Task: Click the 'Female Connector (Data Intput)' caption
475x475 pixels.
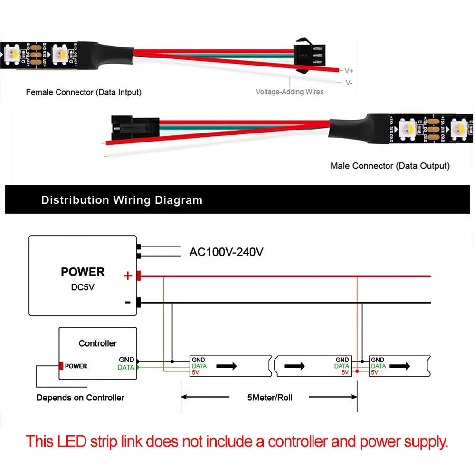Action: [84, 92]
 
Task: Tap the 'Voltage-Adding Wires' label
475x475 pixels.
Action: [289, 91]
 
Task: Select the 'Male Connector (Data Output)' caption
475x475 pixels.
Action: [389, 166]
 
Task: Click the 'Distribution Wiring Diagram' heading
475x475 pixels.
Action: [122, 200]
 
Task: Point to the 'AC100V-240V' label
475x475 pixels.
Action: [226, 252]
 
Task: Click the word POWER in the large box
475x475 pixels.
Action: [83, 272]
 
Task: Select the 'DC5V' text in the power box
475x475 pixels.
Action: [83, 287]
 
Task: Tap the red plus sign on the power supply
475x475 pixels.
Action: [127, 275]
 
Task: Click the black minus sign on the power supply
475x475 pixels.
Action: [127, 302]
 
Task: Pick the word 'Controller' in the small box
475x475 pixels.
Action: [97, 343]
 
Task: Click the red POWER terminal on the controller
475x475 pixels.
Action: [61, 366]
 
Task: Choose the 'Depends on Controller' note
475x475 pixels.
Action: [80, 398]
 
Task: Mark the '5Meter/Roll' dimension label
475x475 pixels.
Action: [269, 398]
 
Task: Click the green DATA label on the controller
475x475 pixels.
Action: [126, 367]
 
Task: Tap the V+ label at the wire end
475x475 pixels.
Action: [349, 71]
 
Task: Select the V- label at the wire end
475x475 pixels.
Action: [349, 83]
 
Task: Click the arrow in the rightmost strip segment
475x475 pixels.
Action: [402, 366]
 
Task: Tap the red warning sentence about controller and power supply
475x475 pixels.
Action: [237, 442]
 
